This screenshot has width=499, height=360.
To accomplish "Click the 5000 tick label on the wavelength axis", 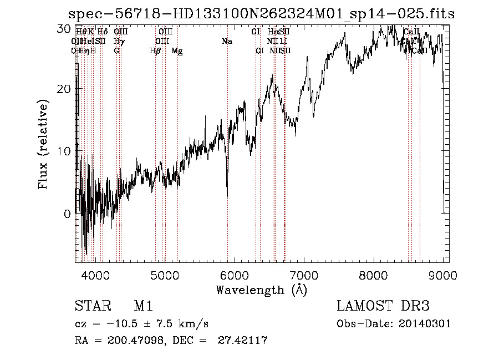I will click(x=165, y=275).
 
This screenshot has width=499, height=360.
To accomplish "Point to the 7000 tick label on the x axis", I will click(x=304, y=275).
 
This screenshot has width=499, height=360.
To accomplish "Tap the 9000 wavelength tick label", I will click(x=443, y=275).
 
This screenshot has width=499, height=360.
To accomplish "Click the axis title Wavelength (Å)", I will click(x=261, y=290).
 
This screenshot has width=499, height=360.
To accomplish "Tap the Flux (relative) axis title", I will click(x=44, y=144).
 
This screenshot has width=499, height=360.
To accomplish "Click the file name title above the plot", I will click(x=261, y=14).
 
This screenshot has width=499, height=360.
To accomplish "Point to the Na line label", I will click(x=226, y=41).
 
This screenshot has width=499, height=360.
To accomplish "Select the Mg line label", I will click(x=177, y=50).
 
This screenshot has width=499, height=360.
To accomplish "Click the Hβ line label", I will click(x=155, y=50).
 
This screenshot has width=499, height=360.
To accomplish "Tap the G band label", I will click(x=116, y=50).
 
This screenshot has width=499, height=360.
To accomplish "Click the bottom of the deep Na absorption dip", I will click(x=227, y=195).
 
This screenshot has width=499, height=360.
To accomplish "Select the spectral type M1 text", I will click(x=143, y=307).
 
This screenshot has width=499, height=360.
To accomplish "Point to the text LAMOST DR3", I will click(x=383, y=307).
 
